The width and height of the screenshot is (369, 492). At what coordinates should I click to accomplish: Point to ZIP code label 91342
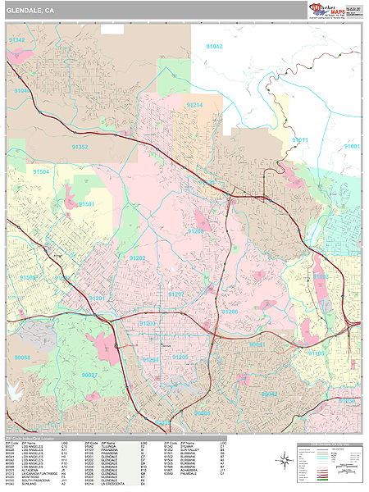(x=16, y=40)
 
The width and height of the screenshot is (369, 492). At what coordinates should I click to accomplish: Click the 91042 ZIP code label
(x=213, y=47)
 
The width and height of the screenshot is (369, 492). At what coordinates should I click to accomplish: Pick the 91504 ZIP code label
(x=41, y=172)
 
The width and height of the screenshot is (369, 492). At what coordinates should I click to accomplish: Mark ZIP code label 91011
(x=300, y=140)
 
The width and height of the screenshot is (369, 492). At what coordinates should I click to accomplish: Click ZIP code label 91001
(x=352, y=145)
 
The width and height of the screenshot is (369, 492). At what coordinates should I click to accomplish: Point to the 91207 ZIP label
(x=176, y=294)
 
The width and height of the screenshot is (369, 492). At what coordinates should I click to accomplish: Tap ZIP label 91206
(x=230, y=312)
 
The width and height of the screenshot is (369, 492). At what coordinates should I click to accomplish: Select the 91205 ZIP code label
(x=180, y=358)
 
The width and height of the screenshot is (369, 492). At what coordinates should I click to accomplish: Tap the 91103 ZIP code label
(x=321, y=277)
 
